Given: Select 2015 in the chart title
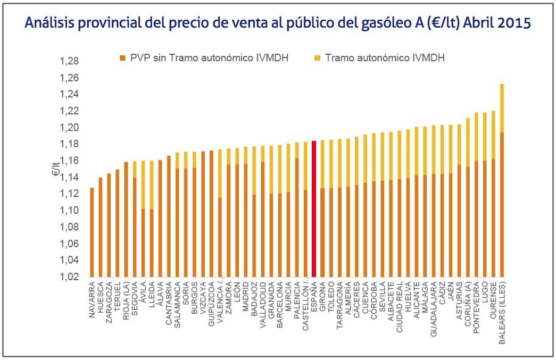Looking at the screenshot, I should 513,23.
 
